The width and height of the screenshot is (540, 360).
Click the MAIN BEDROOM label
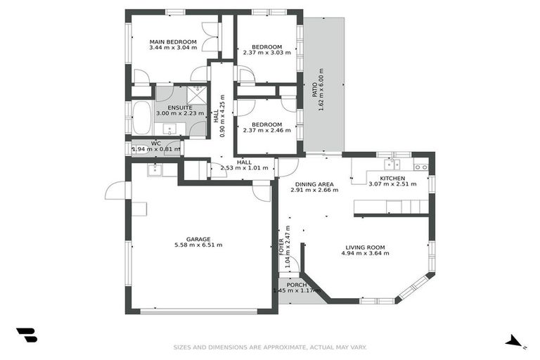coord(172,42)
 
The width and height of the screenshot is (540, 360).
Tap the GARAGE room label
coord(198,239)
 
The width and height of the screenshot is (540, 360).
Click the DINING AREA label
coord(314,184)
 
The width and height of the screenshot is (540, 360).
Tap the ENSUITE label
coord(180,107)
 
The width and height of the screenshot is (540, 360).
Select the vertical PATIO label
coord(314,90)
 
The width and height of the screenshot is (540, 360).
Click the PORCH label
coord(296,285)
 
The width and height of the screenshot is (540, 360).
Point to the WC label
coord(156,143)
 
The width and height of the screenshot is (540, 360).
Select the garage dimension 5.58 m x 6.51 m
coord(198,245)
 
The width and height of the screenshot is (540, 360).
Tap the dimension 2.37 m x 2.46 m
coord(266,131)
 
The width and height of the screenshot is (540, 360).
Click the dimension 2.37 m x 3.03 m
coord(266,52)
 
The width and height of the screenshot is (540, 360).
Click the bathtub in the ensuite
coord(141,117)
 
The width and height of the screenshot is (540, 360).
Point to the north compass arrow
coord(515,342)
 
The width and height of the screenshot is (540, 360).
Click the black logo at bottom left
coord(26,335)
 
